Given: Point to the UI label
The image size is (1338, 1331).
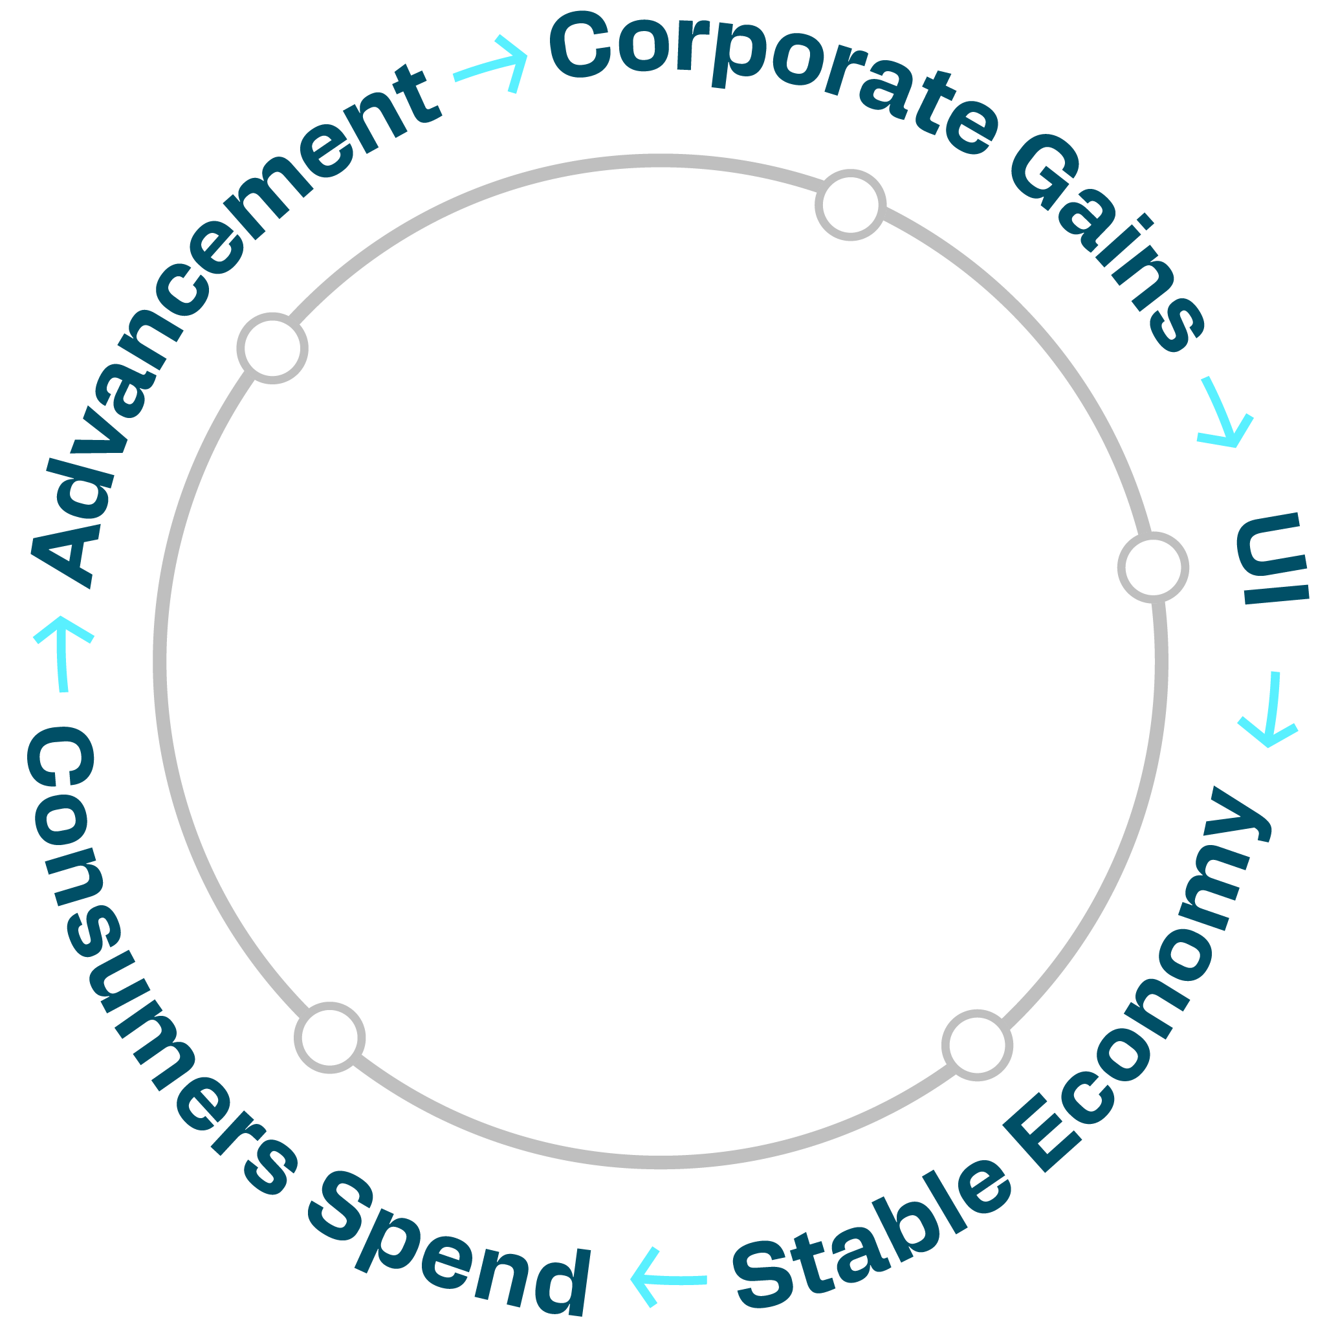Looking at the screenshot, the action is [x=1273, y=560].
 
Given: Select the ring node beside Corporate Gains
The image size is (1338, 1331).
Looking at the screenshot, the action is [x=850, y=205].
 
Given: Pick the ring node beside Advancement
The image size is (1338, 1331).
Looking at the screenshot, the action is [x=272, y=347].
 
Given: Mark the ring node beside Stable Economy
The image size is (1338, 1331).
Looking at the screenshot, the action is [x=977, y=1045].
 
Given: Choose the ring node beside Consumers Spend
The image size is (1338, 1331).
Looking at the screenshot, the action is [x=330, y=1037].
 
